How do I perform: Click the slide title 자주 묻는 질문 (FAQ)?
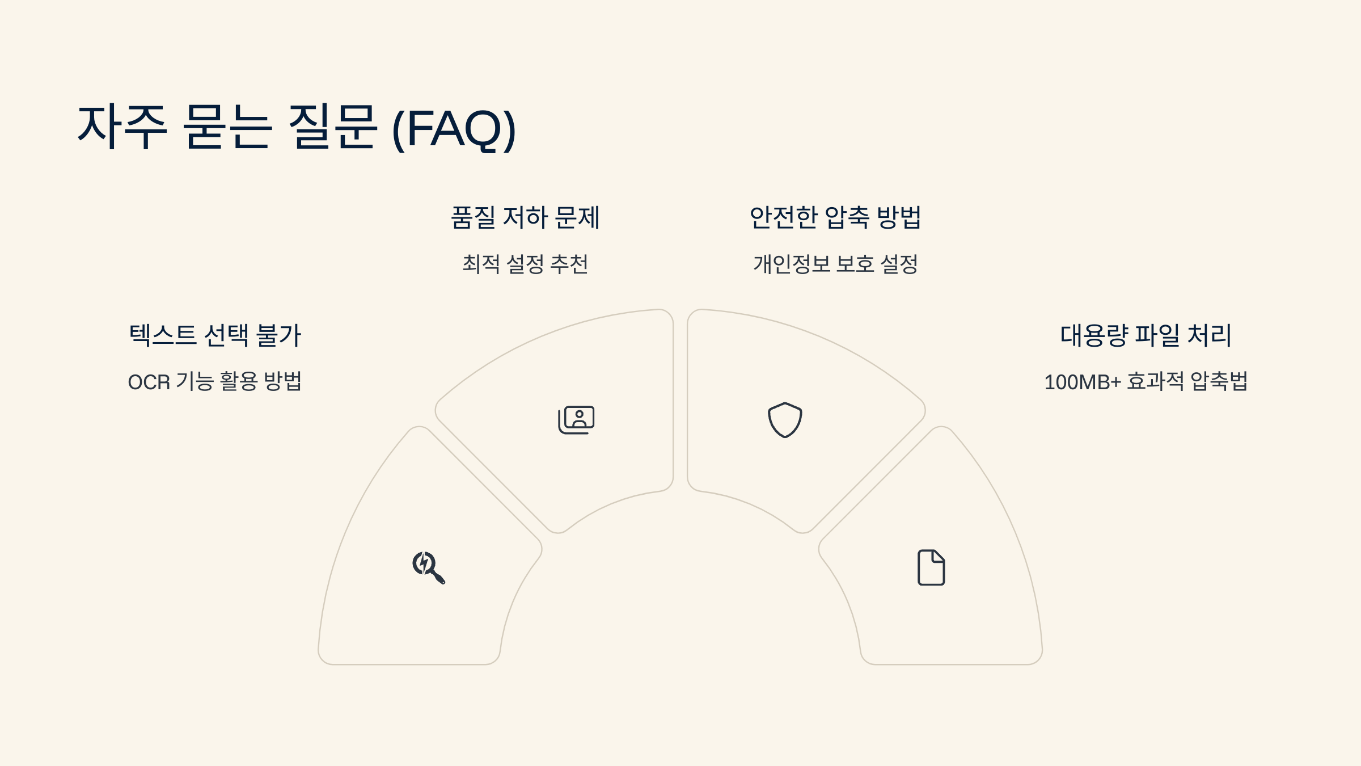pos(296,128)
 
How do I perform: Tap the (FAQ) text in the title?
pos(454,129)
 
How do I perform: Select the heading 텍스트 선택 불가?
pos(215,335)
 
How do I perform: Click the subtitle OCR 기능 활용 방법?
pos(215,381)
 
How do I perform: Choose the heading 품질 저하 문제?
pos(525,217)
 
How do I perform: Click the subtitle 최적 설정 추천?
pos(525,264)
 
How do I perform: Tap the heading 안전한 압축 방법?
pos(835,217)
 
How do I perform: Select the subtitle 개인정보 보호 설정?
pos(835,264)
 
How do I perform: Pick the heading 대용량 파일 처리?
pos(1146,335)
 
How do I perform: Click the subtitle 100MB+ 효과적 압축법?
pos(1146,381)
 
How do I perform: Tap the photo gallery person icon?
pos(576,420)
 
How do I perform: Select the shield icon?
pos(785,420)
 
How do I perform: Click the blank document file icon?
pos(931,567)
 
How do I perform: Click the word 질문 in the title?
pos(332,128)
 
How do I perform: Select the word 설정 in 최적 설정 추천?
pos(525,264)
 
